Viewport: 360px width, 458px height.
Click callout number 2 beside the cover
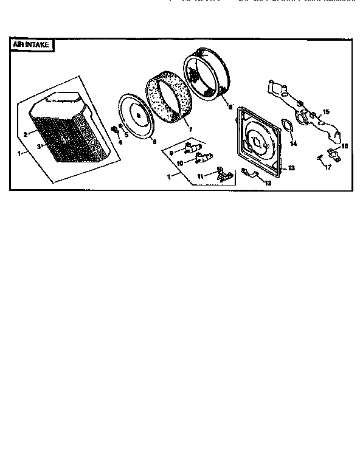(x=26, y=133)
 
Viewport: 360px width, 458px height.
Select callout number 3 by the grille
(x=38, y=147)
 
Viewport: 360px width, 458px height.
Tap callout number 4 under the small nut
(x=120, y=142)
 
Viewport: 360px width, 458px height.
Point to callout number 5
(x=126, y=134)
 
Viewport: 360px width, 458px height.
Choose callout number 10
(x=180, y=163)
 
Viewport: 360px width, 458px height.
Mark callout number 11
(x=199, y=176)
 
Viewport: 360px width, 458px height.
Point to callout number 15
(x=326, y=112)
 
